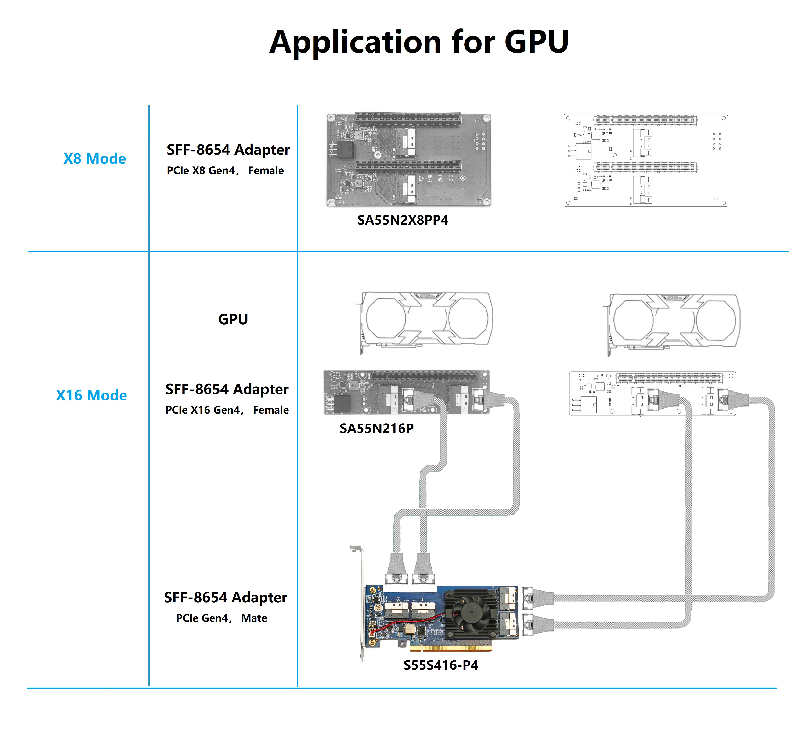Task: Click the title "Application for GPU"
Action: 419,42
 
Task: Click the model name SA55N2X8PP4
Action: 403,220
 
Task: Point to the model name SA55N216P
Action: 376,429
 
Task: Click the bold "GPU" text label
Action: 233,319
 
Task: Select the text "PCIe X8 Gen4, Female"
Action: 225,170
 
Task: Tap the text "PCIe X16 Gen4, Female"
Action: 227,410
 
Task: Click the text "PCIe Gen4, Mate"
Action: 221,618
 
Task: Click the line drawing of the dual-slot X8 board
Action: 646,160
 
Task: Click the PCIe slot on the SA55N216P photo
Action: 424,376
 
